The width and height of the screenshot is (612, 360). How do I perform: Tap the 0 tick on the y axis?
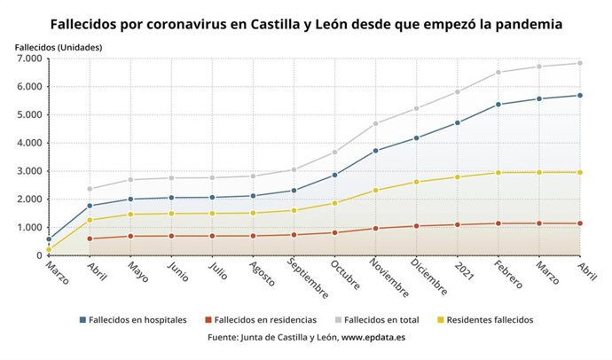(37, 255)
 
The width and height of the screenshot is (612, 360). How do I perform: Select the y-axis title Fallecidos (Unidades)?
(59, 45)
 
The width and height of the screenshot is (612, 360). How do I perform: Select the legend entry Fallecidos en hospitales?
(137, 320)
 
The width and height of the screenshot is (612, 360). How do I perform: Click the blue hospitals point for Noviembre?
(376, 151)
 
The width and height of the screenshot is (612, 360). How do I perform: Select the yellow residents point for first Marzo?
(48, 249)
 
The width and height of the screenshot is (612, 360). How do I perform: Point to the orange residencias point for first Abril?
(90, 239)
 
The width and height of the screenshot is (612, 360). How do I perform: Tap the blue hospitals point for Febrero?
(498, 105)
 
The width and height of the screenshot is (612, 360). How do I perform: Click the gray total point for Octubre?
(334, 153)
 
